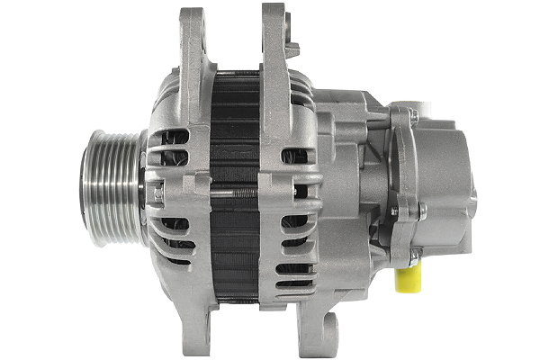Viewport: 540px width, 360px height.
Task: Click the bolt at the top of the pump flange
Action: pyautogui.click(x=412, y=116)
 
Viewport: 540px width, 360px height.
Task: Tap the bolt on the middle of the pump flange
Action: pyautogui.click(x=421, y=211)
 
